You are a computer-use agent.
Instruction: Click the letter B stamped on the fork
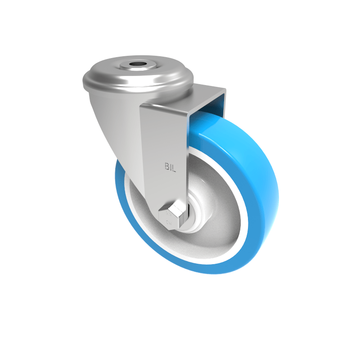click(x=166, y=167)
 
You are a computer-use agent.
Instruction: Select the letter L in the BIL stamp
click(x=175, y=167)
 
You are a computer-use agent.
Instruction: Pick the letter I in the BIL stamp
click(x=171, y=167)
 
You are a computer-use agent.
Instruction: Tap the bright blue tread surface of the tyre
click(x=252, y=148)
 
